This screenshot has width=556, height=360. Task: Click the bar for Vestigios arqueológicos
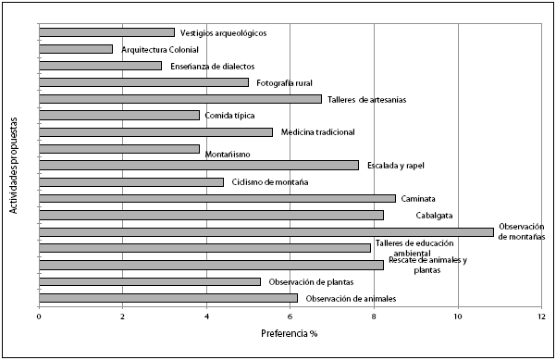tap(106, 32)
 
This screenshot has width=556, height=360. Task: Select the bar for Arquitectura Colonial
tap(76, 49)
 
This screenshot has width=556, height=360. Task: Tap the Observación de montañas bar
tap(266, 231)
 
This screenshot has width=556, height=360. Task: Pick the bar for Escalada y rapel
tap(199, 165)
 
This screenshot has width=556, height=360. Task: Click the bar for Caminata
tap(217, 198)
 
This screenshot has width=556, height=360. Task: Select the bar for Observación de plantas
tap(150, 281)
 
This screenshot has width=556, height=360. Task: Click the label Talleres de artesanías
tap(367, 99)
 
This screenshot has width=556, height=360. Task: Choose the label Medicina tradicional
tap(318, 132)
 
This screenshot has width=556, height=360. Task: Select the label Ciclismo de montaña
tap(270, 182)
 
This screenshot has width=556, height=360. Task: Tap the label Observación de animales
tap(351, 298)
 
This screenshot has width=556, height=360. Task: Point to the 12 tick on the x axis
tap(541, 316)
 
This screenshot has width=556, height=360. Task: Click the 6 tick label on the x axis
tap(290, 316)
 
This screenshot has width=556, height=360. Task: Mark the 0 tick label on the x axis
tap(39, 316)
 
